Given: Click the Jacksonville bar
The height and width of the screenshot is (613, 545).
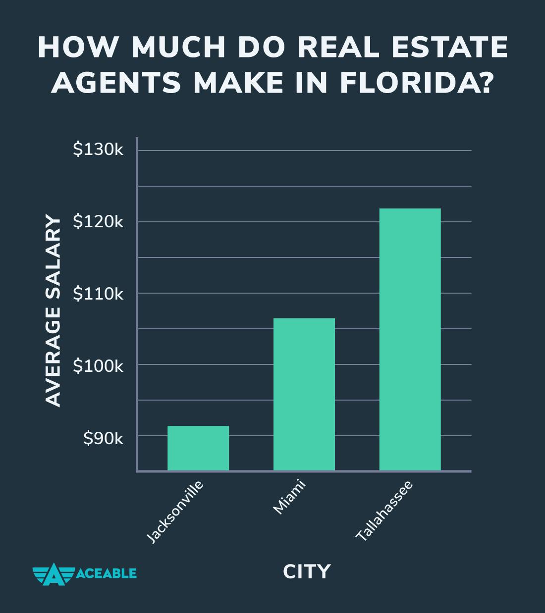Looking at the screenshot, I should pyautogui.click(x=198, y=448).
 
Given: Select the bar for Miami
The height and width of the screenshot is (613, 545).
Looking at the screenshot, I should pyautogui.click(x=304, y=394).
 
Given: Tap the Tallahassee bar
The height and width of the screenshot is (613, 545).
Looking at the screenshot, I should pyautogui.click(x=410, y=339).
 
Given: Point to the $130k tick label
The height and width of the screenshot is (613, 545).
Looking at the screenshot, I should pyautogui.click(x=98, y=150).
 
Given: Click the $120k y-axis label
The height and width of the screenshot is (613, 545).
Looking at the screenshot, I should pyautogui.click(x=98, y=222).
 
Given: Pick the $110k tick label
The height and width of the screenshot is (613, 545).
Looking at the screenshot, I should pyautogui.click(x=98, y=294).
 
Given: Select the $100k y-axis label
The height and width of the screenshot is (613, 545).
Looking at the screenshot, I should pyautogui.click(x=98, y=366).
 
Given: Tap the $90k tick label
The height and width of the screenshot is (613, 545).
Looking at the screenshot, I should pyautogui.click(x=103, y=438).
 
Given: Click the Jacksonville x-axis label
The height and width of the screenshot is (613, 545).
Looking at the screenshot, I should pyautogui.click(x=176, y=512).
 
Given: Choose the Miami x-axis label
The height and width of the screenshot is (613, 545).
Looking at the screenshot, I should pyautogui.click(x=290, y=497).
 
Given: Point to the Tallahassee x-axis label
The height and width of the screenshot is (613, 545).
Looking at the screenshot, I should pyautogui.click(x=384, y=510).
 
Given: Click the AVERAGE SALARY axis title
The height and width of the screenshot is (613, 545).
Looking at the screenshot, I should pyautogui.click(x=54, y=311).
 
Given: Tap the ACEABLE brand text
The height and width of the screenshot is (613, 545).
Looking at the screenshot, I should pyautogui.click(x=107, y=573).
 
